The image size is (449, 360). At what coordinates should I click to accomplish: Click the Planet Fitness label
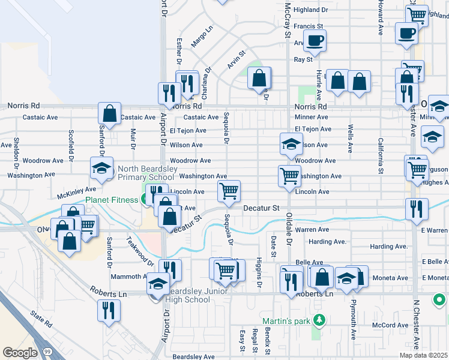(113, 200)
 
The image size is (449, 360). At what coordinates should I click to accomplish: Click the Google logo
(20, 352)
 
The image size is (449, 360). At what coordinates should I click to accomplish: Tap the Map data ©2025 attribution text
(423, 355)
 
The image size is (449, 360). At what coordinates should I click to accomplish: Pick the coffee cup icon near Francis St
(315, 40)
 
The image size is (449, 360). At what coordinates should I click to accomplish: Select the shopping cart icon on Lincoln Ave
(229, 191)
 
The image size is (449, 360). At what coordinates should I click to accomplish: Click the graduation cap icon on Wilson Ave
(291, 144)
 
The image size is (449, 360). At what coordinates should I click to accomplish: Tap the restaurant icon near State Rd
(109, 310)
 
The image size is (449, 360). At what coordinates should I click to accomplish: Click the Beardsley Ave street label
(193, 356)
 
